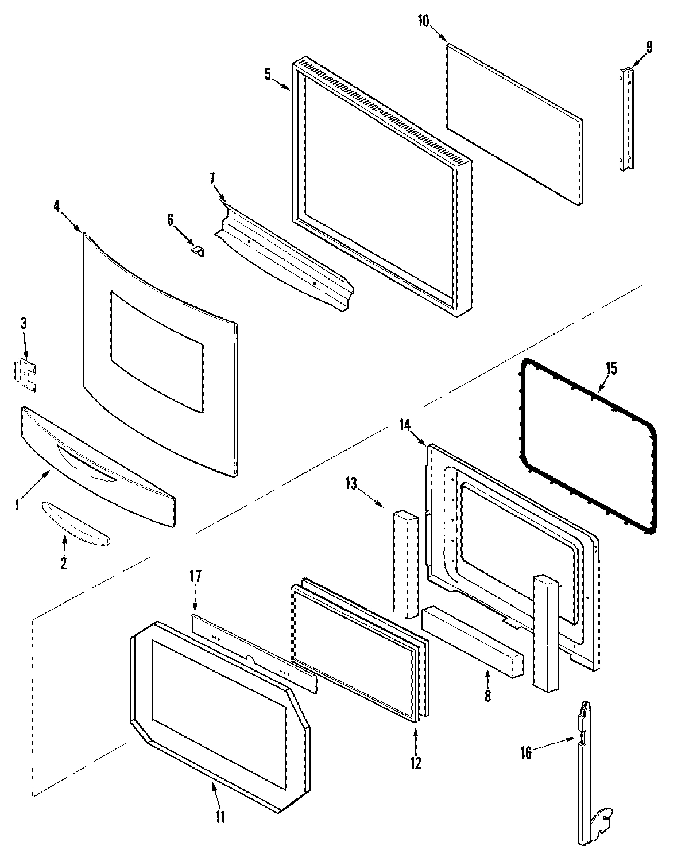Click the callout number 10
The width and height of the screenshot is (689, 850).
[x=423, y=22]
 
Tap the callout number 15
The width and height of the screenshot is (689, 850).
[x=611, y=368]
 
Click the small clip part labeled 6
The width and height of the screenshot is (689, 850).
[x=199, y=251]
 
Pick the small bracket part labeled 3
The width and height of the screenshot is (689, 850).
[x=25, y=375]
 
